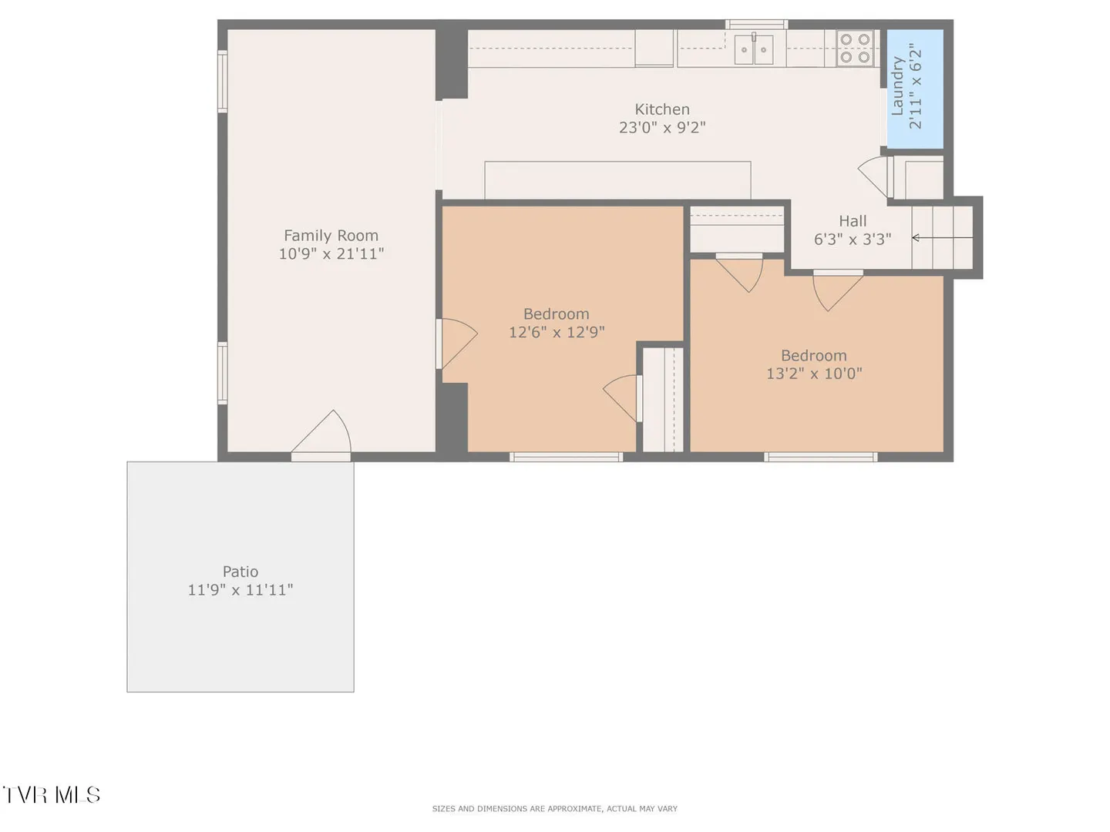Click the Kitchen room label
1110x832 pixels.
pyautogui.click(x=661, y=109)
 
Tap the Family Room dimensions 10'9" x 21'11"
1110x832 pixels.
pyautogui.click(x=331, y=253)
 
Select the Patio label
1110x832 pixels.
pyautogui.click(x=240, y=572)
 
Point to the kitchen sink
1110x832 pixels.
pyautogui.click(x=753, y=49)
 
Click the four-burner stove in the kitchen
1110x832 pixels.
pyautogui.click(x=854, y=49)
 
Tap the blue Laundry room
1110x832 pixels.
pyautogui.click(x=915, y=89)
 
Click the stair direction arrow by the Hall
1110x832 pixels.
pyautogui.click(x=942, y=237)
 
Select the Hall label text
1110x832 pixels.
pyautogui.click(x=853, y=221)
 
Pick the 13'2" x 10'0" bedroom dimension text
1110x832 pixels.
pyautogui.click(x=814, y=374)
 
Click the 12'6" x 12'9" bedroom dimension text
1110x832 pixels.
pyautogui.click(x=557, y=332)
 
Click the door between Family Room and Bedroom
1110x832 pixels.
pyautogui.click(x=457, y=344)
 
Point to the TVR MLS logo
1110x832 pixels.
pyautogui.click(x=51, y=794)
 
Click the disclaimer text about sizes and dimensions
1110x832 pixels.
pyautogui.click(x=555, y=809)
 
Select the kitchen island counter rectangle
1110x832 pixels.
pyautogui.click(x=617, y=180)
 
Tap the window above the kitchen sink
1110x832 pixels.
pyautogui.click(x=756, y=24)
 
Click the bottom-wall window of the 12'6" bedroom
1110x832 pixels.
pyautogui.click(x=566, y=457)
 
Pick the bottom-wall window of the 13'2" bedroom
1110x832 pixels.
pyautogui.click(x=820, y=457)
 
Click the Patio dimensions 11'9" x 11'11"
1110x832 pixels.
pyautogui.click(x=240, y=590)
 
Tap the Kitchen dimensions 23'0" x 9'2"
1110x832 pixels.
pyautogui.click(x=662, y=128)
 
